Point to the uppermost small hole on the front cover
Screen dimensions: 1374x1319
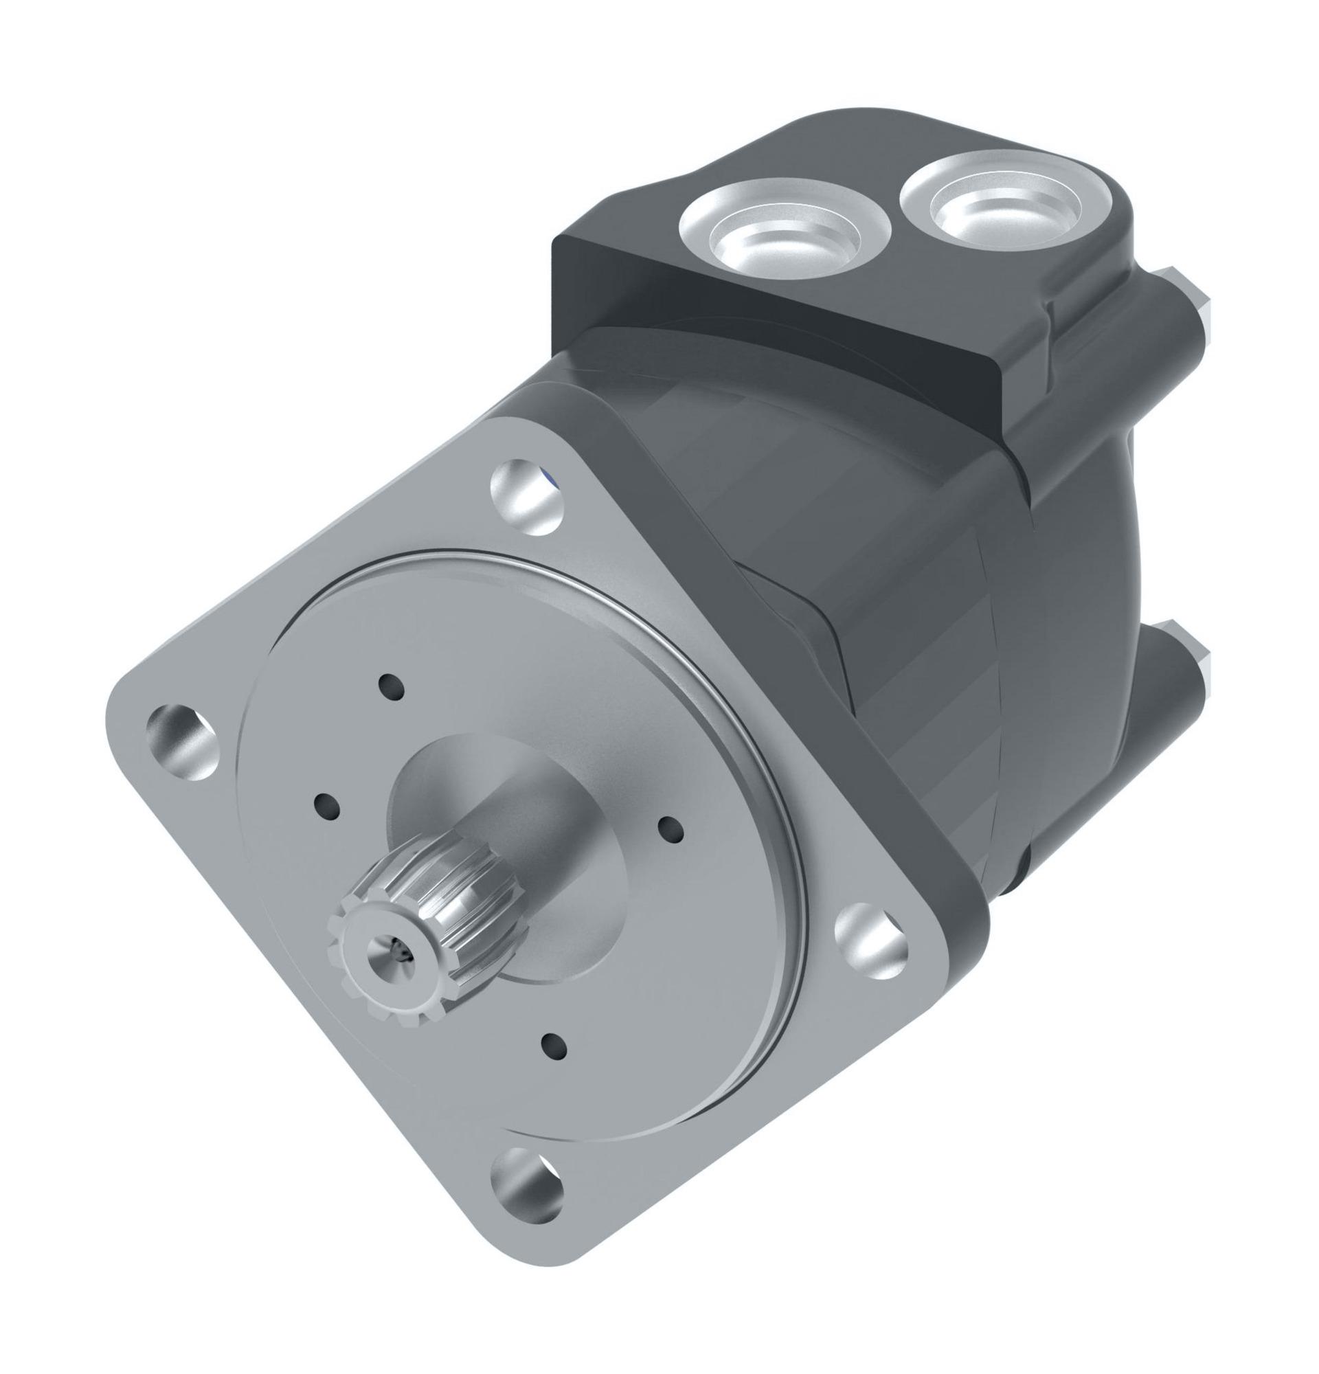(391, 686)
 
